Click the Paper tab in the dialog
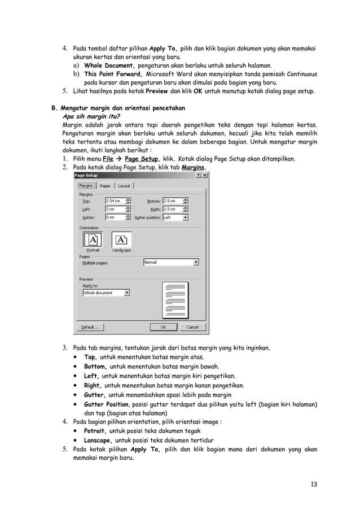click(105, 186)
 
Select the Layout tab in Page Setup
click(124, 186)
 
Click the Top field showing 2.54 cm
click(115, 201)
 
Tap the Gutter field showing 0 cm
click(115, 217)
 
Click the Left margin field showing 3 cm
click(115, 209)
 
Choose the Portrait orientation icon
click(93, 240)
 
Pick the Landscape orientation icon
click(121, 240)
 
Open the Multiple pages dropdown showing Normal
click(172, 263)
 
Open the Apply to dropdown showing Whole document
click(106, 293)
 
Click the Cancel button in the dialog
click(192, 327)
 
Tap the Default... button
click(90, 327)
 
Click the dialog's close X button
click(205, 176)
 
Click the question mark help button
click(199, 176)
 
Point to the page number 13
click(313, 484)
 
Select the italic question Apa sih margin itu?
click(93, 116)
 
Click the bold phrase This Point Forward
click(113, 74)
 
